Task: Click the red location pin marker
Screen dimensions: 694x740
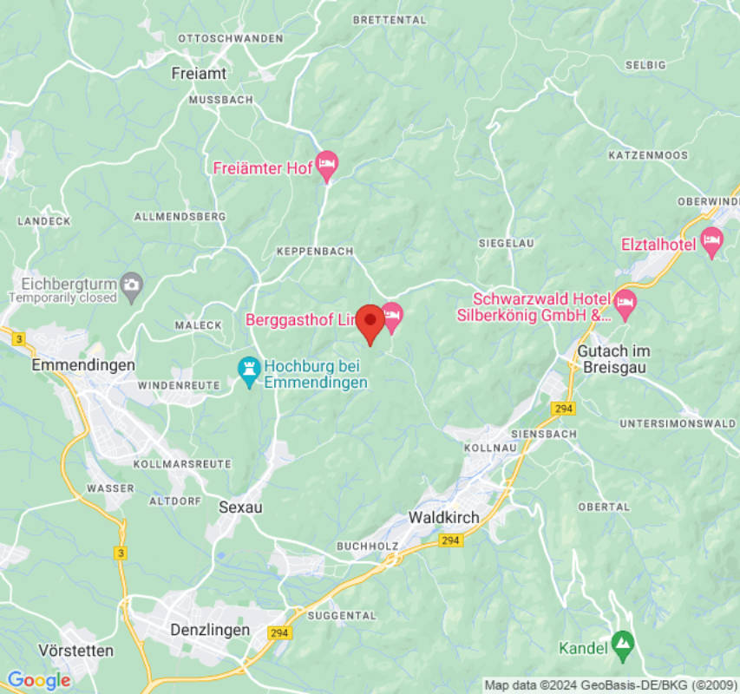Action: (371, 322)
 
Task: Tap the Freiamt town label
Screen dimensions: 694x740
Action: (199, 74)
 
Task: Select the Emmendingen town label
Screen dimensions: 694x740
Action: (83, 365)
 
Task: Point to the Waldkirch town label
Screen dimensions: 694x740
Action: (444, 518)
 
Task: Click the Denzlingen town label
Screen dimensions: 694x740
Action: (210, 630)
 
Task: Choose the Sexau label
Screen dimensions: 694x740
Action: (240, 507)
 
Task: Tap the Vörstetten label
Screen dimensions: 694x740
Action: (76, 650)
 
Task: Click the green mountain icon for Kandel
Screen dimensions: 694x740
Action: (621, 643)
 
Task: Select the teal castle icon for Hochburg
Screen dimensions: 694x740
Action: (250, 369)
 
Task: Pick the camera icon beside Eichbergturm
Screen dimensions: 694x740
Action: (132, 284)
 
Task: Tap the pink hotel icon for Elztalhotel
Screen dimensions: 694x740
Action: (712, 242)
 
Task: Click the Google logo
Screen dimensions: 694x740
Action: (38, 680)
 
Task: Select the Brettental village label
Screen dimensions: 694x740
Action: (390, 19)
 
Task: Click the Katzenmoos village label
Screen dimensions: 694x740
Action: (648, 155)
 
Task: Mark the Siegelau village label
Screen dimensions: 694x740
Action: (506, 244)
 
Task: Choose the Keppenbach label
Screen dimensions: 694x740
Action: (315, 251)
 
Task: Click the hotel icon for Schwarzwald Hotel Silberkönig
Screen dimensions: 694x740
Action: (625, 304)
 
